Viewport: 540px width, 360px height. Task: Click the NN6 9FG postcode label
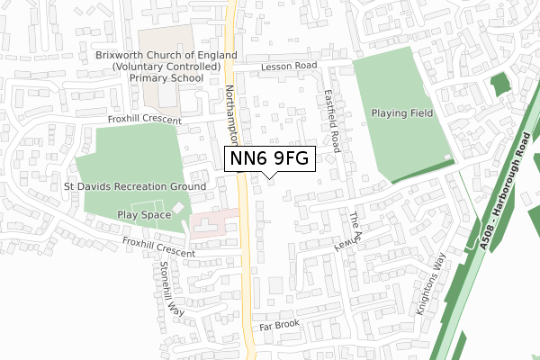(x=269, y=158)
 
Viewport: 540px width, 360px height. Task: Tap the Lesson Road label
(x=290, y=67)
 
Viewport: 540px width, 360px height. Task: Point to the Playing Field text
(x=402, y=113)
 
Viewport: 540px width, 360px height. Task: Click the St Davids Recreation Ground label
(x=134, y=186)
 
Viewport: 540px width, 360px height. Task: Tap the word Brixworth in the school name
(x=124, y=54)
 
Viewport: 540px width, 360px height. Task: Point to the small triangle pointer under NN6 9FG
(x=269, y=176)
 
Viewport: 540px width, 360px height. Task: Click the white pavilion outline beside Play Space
(x=178, y=209)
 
